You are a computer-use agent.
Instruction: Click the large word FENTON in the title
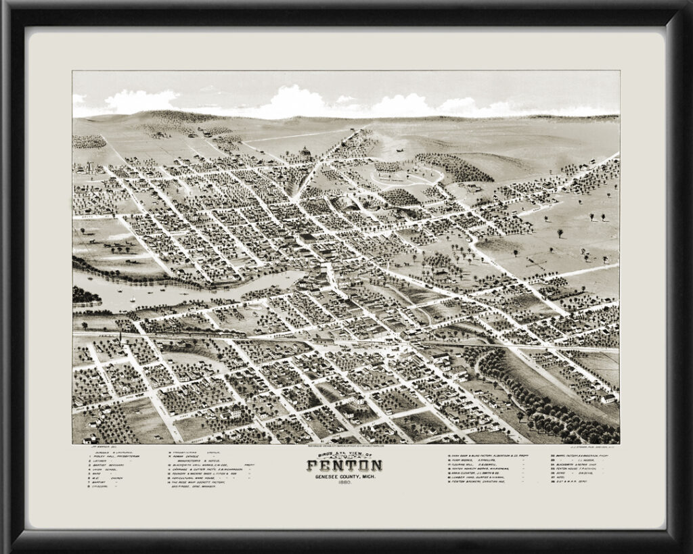(344, 465)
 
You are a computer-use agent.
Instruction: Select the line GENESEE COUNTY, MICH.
(344, 476)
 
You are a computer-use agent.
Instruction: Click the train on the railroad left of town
(203, 334)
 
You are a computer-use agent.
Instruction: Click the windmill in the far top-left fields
(89, 166)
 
